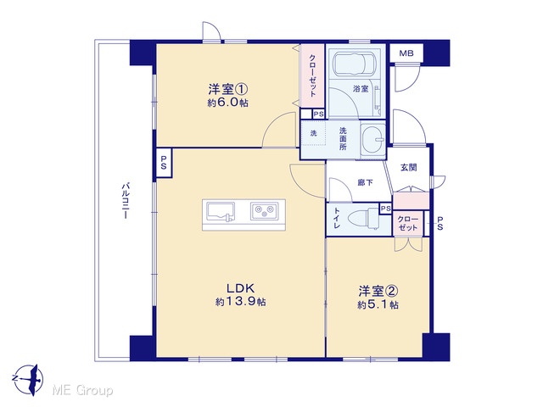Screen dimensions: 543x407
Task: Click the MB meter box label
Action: [406, 53]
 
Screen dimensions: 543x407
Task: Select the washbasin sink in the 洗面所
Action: [373, 140]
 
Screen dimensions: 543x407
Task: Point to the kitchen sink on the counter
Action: [221, 211]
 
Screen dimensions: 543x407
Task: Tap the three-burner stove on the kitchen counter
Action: [264, 211]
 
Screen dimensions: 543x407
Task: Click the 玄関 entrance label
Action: [409, 168]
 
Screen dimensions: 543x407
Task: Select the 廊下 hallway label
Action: [365, 182]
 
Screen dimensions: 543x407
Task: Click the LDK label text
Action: [241, 288]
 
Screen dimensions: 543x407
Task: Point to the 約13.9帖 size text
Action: [241, 302]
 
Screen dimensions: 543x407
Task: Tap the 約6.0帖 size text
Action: [228, 103]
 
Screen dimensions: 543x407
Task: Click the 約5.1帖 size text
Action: [378, 305]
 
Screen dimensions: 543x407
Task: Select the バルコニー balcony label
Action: [125, 201]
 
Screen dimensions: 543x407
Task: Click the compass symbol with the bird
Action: [29, 379]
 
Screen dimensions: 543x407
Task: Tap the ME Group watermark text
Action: [82, 391]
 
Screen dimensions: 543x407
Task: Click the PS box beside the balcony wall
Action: [164, 163]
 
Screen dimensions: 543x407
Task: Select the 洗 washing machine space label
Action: [313, 133]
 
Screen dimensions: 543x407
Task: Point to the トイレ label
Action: [337, 218]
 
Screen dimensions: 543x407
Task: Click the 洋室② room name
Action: [378, 291]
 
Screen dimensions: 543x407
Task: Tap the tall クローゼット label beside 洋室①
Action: [312, 75]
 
